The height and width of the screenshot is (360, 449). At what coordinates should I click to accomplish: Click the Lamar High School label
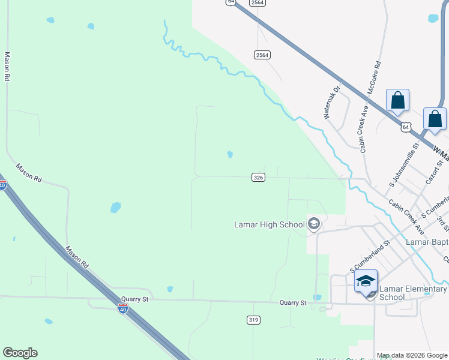pyautogui.click(x=269, y=225)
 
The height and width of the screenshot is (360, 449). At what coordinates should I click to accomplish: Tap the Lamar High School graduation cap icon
pyautogui.click(x=313, y=225)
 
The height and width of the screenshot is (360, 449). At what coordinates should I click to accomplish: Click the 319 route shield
pyautogui.click(x=253, y=320)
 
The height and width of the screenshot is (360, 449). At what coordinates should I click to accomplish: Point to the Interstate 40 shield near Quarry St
pyautogui.click(x=122, y=309)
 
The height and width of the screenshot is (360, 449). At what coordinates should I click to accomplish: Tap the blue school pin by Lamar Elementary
pyautogui.click(x=366, y=281)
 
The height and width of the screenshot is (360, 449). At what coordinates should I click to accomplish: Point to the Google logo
pyautogui.click(x=20, y=353)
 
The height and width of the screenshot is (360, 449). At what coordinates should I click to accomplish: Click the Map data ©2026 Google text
pyautogui.click(x=412, y=355)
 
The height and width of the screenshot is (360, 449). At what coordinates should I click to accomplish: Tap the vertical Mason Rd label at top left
pyautogui.click(x=8, y=66)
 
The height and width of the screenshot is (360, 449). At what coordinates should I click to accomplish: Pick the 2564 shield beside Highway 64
pyautogui.click(x=262, y=55)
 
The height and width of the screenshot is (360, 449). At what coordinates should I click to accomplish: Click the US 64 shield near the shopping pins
pyautogui.click(x=406, y=127)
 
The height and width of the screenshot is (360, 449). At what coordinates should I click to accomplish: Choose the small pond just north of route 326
pyautogui.click(x=230, y=155)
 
